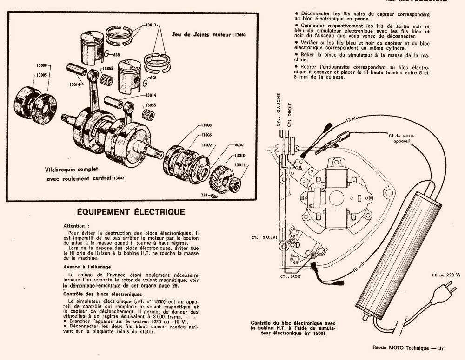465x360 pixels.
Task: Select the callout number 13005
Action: tap(42, 75)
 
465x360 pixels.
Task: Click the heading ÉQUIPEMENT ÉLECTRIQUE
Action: tap(130, 212)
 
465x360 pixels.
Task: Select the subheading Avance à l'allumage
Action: tap(87, 267)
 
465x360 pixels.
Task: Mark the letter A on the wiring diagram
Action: tap(300, 168)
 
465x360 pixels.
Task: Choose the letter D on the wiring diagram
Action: tap(298, 245)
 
